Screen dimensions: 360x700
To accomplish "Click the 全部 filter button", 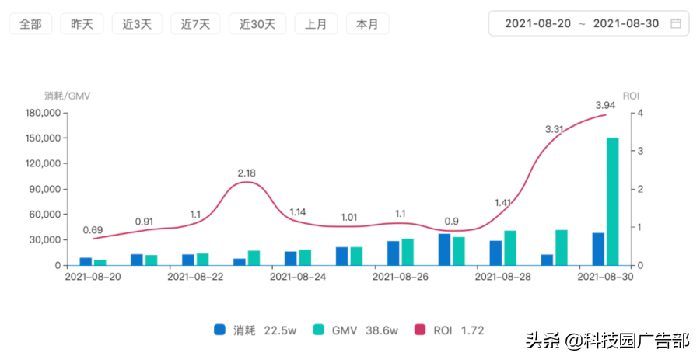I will (x=30, y=24).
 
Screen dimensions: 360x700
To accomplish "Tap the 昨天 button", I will (x=82, y=24).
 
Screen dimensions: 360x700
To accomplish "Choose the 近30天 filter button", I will (x=257, y=24).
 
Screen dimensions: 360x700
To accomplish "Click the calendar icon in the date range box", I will (x=676, y=23).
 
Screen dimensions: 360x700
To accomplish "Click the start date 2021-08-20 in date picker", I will (x=537, y=23).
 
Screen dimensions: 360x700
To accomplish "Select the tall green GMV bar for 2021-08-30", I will (x=613, y=201).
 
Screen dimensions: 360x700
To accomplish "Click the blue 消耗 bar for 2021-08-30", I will (x=598, y=250).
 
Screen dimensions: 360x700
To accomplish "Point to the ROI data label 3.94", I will (x=605, y=105).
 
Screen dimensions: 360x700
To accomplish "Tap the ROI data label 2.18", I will (x=247, y=173).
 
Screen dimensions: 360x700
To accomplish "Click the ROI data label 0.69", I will (x=93, y=230).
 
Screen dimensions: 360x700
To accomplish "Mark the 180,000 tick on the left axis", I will (x=43, y=113).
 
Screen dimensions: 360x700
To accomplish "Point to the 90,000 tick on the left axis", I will (x=45, y=189).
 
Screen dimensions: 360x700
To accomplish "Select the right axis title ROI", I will (x=631, y=96).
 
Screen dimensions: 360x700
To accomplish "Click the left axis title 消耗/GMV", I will (x=68, y=96).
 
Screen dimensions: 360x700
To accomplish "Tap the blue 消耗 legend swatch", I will (x=220, y=330).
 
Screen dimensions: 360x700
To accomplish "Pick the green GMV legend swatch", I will (x=319, y=330).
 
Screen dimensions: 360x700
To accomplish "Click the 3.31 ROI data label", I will (x=555, y=129).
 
